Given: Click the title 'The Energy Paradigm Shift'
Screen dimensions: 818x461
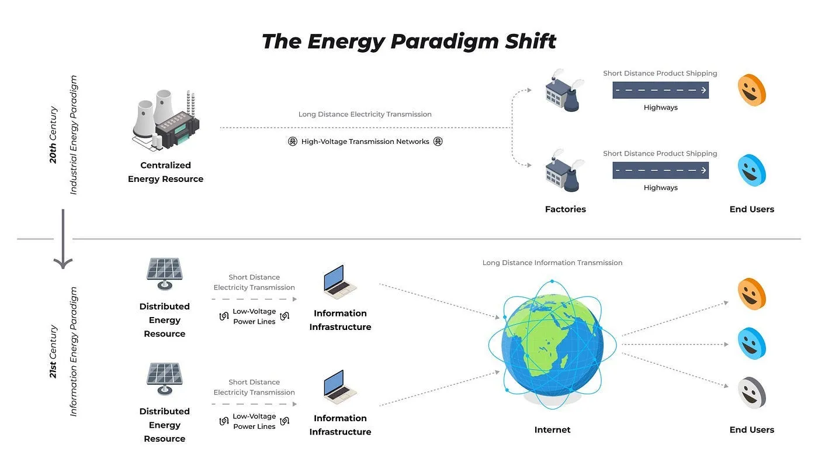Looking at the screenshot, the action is pyautogui.click(x=408, y=42).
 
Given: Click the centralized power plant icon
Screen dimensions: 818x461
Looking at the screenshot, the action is pyautogui.click(x=166, y=121).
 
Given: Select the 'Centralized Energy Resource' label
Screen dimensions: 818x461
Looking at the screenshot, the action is pyautogui.click(x=165, y=172).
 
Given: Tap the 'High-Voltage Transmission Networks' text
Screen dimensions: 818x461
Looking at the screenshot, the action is pyautogui.click(x=365, y=142).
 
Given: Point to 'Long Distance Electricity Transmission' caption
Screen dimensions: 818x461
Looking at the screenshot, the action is pyautogui.click(x=365, y=114).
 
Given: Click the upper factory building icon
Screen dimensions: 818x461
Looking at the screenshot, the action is pyautogui.click(x=564, y=90).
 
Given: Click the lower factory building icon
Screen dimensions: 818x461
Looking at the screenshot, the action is pyautogui.click(x=564, y=170).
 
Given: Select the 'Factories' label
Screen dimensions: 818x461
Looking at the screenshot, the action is pyautogui.click(x=566, y=209).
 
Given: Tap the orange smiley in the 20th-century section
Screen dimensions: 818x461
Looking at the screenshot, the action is pyautogui.click(x=751, y=90).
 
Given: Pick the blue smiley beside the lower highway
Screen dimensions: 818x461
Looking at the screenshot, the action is pyautogui.click(x=751, y=170).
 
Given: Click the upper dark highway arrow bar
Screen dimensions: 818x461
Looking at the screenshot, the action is pyautogui.click(x=661, y=90).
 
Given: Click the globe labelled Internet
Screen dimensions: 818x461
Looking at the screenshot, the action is pyautogui.click(x=553, y=345).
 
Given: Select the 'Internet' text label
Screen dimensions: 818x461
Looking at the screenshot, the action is pyautogui.click(x=552, y=429).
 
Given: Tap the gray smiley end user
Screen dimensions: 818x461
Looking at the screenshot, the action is pyautogui.click(x=751, y=393).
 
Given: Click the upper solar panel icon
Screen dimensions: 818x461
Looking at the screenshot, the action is pyautogui.click(x=165, y=274).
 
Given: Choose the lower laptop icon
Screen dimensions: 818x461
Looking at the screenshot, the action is pyautogui.click(x=339, y=387).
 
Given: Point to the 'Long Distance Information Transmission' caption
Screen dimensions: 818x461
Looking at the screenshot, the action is pyautogui.click(x=552, y=263).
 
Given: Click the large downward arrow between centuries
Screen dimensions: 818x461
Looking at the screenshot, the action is pyautogui.click(x=63, y=239).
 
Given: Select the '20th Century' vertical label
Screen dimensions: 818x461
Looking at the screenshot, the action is pyautogui.click(x=53, y=135).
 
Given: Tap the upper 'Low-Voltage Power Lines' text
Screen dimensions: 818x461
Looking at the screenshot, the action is pyautogui.click(x=254, y=316).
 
